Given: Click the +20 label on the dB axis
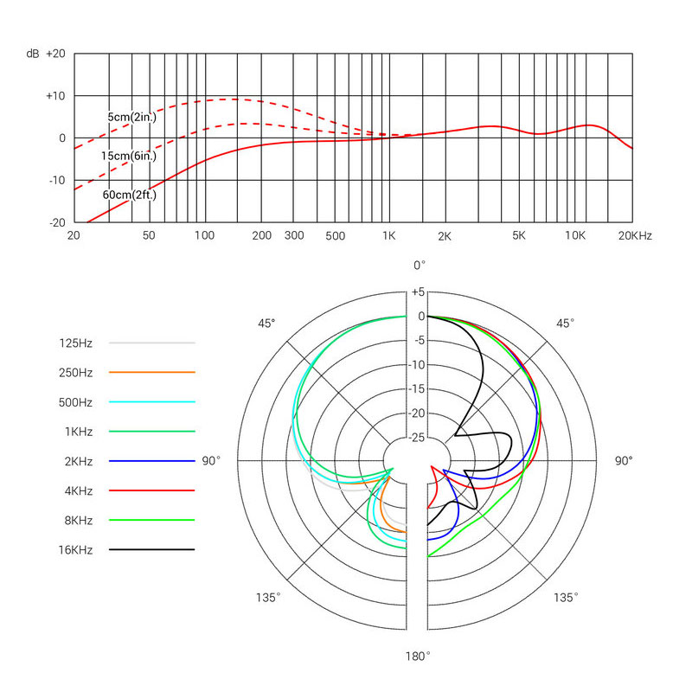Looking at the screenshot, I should pyautogui.click(x=54, y=54).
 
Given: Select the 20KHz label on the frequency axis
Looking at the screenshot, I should pyautogui.click(x=635, y=235).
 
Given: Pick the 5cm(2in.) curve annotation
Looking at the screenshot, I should pyautogui.click(x=132, y=117).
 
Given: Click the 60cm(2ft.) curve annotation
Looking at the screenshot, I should pyautogui.click(x=128, y=195).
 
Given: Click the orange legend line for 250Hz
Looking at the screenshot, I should pyautogui.click(x=152, y=373).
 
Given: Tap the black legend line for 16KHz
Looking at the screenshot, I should pyautogui.click(x=152, y=549).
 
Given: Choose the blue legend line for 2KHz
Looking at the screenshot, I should pyautogui.click(x=152, y=461).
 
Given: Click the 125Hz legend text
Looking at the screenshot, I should pyautogui.click(x=75, y=343).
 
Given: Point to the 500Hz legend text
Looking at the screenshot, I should pyautogui.click(x=75, y=402).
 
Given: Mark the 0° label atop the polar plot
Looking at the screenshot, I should pyautogui.click(x=420, y=265).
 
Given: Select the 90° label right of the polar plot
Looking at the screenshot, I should pyautogui.click(x=623, y=461).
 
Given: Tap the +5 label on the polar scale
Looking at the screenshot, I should pyautogui.click(x=419, y=292).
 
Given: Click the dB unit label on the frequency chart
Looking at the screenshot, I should pyautogui.click(x=32, y=54).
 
